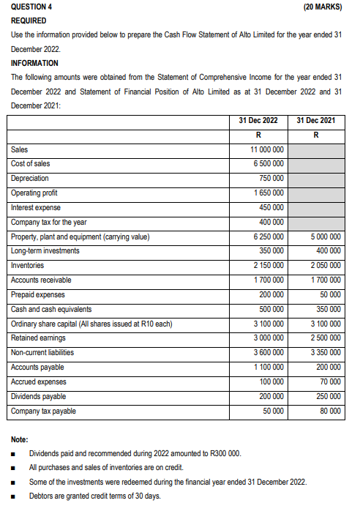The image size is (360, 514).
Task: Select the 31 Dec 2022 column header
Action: pyautogui.click(x=258, y=120)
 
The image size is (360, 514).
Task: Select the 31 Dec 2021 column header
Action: pyautogui.click(x=316, y=120)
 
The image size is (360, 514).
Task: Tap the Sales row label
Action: pyautogui.click(x=20, y=149)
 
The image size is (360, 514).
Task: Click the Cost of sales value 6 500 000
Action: pyautogui.click(x=268, y=164)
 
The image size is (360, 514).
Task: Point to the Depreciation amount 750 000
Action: pyautogui.click(x=271, y=179)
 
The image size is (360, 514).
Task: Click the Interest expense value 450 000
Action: pyautogui.click(x=271, y=207)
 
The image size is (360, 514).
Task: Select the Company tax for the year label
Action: pyautogui.click(x=49, y=222)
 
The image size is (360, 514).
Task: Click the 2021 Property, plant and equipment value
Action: pyautogui.click(x=326, y=236)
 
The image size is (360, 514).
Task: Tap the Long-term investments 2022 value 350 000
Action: pyautogui.click(x=271, y=251)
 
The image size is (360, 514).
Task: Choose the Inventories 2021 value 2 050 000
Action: pyautogui.click(x=326, y=266)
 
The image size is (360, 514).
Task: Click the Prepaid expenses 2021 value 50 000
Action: pyautogui.click(x=331, y=294)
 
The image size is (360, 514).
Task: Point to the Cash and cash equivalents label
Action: pyautogui.click(x=52, y=309)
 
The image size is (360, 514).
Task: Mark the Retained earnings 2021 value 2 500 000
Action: pyautogui.click(x=326, y=338)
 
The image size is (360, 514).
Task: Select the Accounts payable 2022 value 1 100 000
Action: pyautogui.click(x=268, y=367)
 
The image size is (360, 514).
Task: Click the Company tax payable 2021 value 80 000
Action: pyautogui.click(x=331, y=411)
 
